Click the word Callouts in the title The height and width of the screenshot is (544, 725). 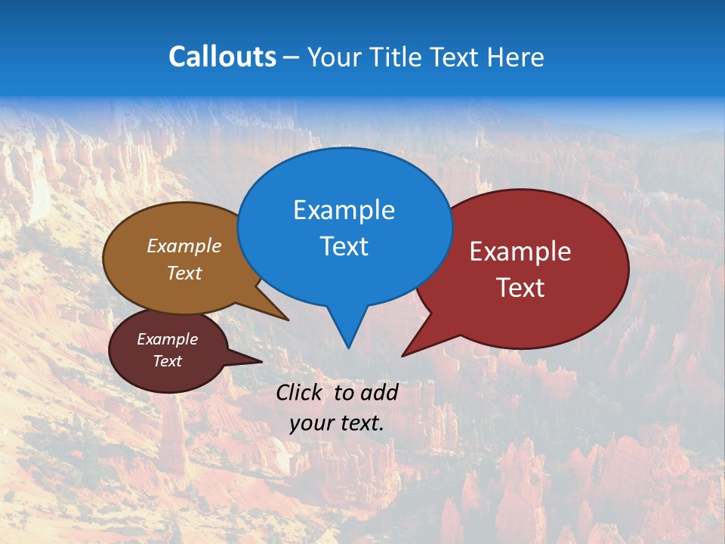coord(222,57)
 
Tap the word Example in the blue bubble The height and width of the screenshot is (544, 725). coord(344,210)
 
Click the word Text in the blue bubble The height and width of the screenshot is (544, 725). coord(344,246)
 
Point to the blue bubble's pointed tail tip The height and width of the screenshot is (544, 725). coord(348,348)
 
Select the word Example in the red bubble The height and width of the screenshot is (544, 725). coord(520,252)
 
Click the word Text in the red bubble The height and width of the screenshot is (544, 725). coord(520,288)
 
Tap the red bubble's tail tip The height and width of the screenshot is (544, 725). coord(402,356)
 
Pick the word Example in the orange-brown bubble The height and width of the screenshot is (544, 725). coord(184,246)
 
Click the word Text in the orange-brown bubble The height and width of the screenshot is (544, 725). coord(184,273)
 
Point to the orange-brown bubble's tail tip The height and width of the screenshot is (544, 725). coord(288,320)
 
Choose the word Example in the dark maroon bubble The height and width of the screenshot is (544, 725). coord(167,339)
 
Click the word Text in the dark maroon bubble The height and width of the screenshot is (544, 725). coord(167,361)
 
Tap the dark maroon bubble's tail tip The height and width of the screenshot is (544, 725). coord(262,362)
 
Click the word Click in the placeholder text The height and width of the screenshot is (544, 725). coord(301,392)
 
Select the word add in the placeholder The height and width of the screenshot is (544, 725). coord(379,392)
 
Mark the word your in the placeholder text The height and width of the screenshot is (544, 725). coord(311,423)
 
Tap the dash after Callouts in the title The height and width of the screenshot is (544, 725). coord(292,57)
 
